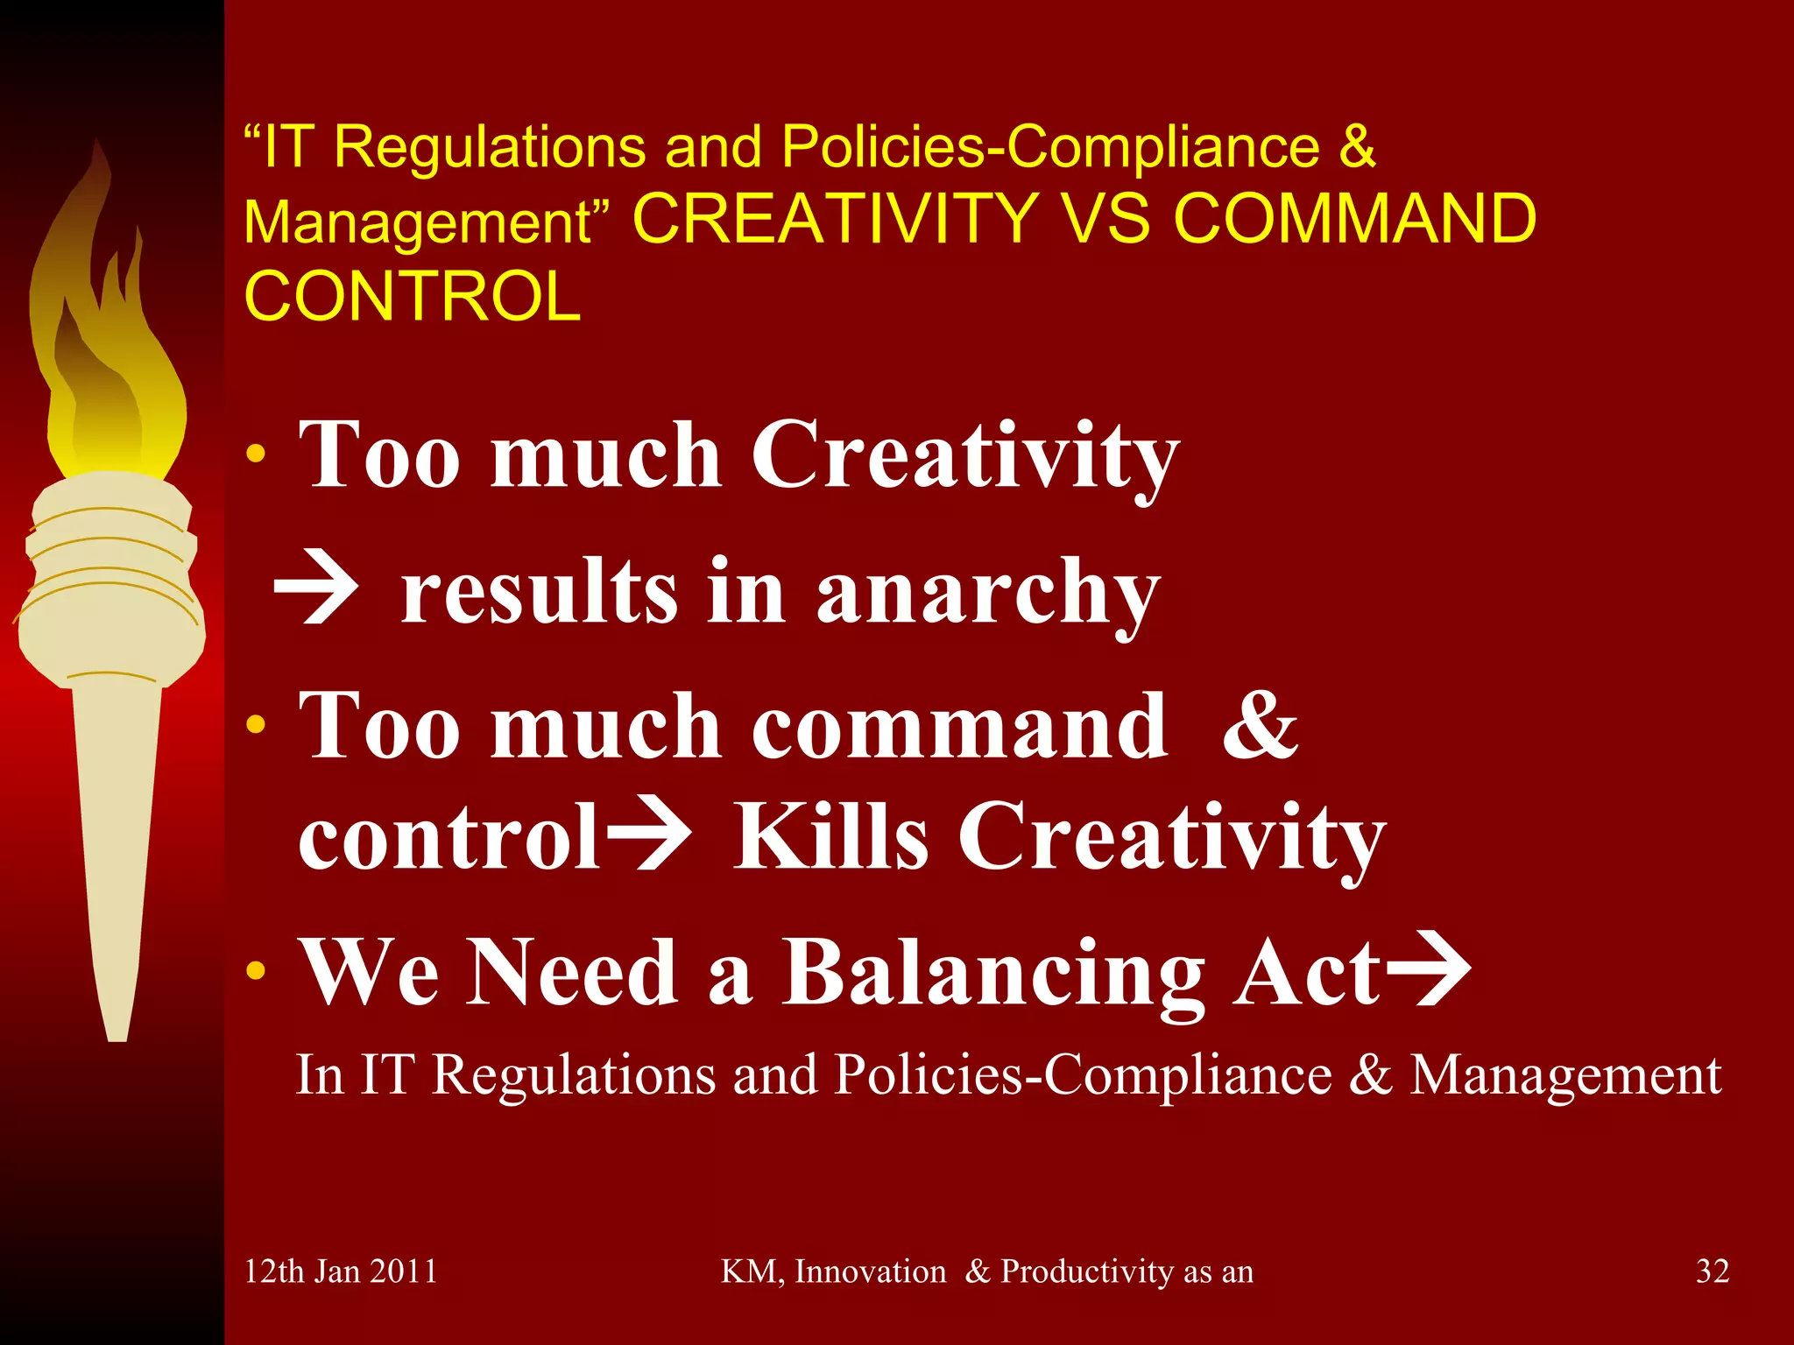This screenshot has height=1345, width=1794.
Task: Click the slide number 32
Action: [1712, 1271]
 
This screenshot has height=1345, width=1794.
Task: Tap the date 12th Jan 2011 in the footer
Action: [341, 1271]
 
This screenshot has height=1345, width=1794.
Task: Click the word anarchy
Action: [987, 595]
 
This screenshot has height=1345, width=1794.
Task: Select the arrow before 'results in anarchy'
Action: [316, 592]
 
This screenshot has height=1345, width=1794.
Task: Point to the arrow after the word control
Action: [649, 835]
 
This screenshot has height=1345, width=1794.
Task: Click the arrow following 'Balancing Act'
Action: [1426, 970]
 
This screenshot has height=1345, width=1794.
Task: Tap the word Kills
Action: [830, 835]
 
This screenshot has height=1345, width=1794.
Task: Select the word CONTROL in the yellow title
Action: [413, 296]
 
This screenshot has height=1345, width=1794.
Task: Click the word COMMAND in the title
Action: [1354, 219]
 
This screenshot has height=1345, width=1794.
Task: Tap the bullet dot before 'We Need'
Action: [256, 970]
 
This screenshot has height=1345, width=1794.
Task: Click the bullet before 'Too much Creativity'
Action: [256, 454]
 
